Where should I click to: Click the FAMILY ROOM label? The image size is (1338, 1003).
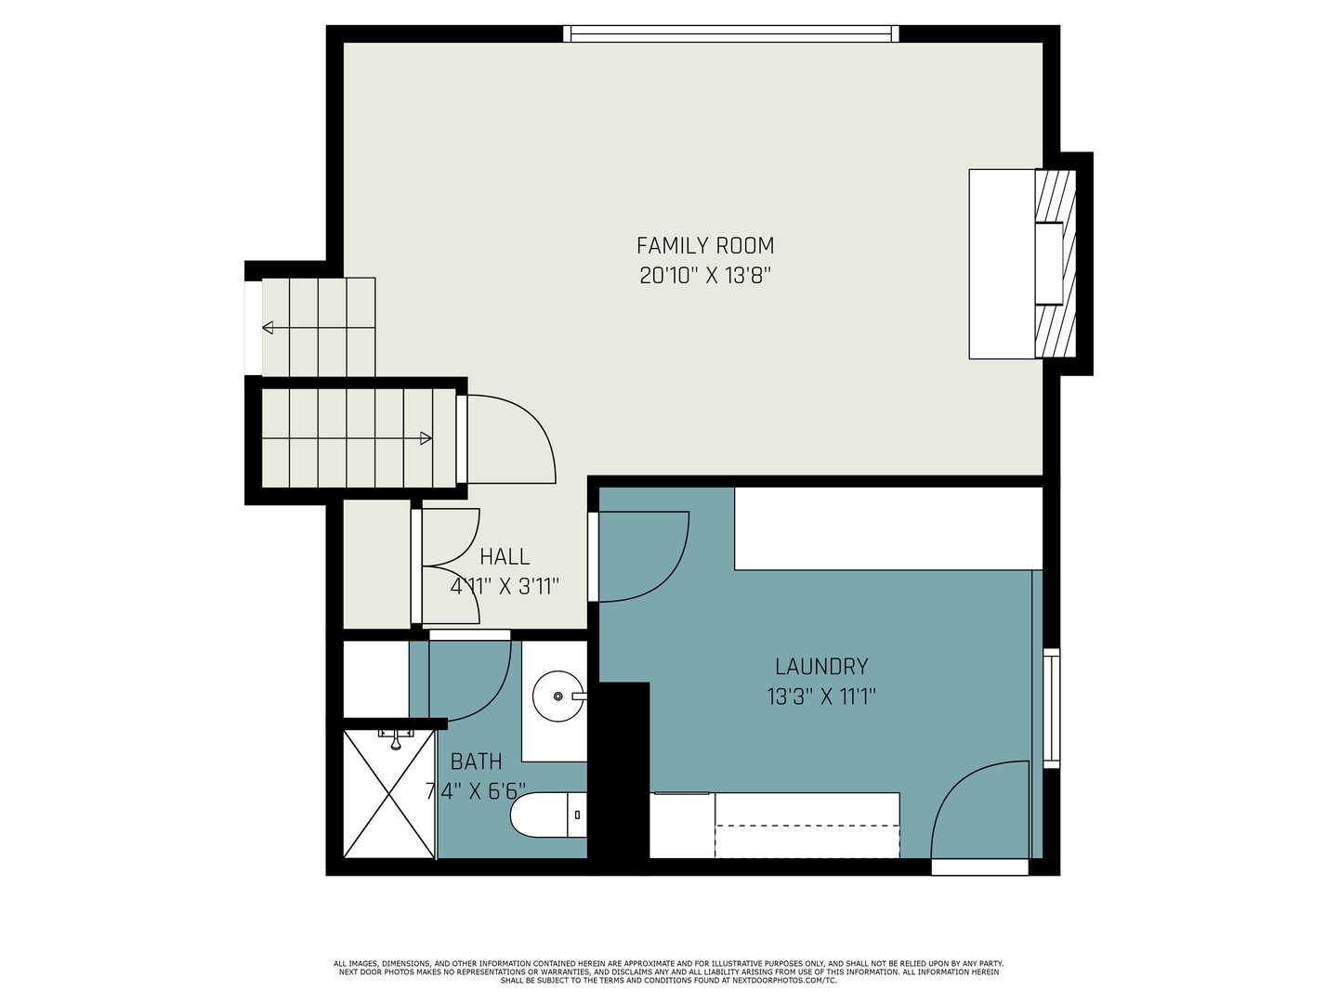705,246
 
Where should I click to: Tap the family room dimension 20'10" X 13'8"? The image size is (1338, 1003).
705,276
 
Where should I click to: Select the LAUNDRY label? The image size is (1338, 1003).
821,667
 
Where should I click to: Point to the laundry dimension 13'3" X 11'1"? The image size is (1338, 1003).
821,697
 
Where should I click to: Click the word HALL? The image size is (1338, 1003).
505,556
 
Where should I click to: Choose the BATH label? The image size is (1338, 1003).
476,762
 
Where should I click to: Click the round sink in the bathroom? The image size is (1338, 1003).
558,697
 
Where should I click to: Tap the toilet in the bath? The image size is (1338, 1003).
548,814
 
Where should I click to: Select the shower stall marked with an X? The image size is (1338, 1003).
389,794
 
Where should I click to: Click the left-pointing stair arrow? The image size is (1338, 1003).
318,328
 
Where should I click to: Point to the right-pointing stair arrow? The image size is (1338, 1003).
348,438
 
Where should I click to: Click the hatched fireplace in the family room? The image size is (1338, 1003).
1056,263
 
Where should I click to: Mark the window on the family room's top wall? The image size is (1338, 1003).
731,33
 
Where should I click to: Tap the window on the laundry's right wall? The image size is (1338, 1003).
1052,708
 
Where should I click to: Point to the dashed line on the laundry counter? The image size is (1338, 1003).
807,826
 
